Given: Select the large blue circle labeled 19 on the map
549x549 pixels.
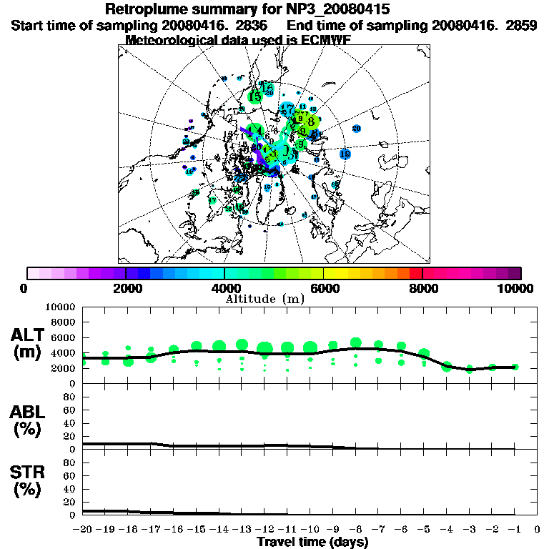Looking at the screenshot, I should coord(345,154).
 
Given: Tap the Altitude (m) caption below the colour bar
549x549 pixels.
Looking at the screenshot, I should coord(265,299).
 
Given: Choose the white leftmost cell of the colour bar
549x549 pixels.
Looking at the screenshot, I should coord(33,273).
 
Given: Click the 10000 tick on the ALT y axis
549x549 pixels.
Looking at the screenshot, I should coord(60,307).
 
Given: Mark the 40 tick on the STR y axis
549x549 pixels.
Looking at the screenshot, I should coord(71,489).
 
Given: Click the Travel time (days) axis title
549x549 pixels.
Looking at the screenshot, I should coord(312,542).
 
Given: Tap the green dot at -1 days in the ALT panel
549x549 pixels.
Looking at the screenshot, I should coord(515,367).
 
